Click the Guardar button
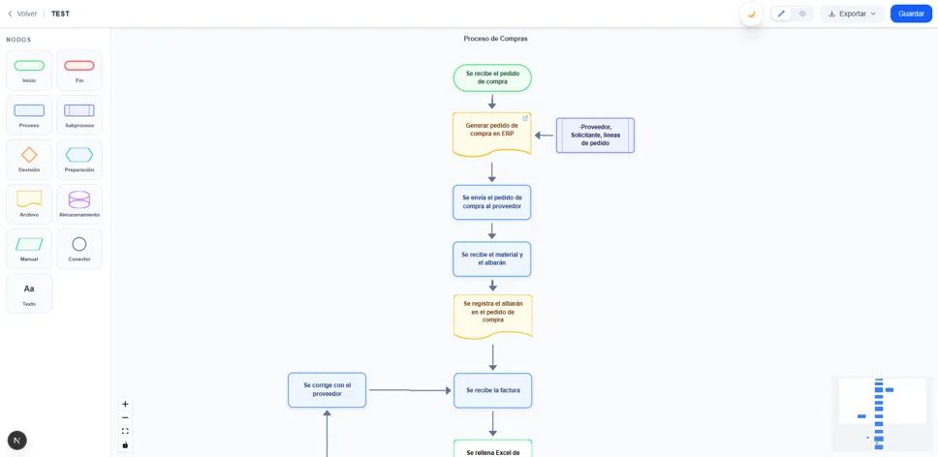(x=911, y=14)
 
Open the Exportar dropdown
(x=853, y=14)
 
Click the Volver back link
(x=22, y=14)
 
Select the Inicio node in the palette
(x=29, y=71)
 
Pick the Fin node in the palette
(x=79, y=71)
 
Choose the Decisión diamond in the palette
(x=29, y=160)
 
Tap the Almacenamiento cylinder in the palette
(x=79, y=204)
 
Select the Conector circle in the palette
(x=79, y=249)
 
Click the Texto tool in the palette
(x=29, y=293)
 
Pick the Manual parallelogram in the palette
(x=29, y=249)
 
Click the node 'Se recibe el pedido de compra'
(x=492, y=77)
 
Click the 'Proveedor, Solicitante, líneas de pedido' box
(x=595, y=136)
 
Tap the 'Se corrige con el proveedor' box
(x=327, y=390)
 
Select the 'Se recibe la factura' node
(x=492, y=390)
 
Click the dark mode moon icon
(x=751, y=14)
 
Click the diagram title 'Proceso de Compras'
(x=495, y=39)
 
